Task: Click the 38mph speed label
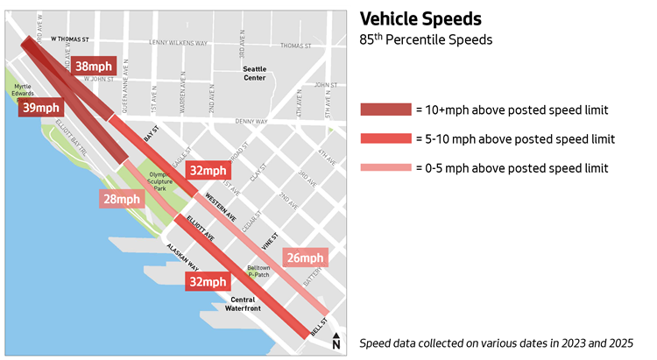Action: pos(93,67)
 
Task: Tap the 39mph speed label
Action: pos(40,107)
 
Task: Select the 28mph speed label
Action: pos(121,199)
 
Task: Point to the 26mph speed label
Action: pos(305,258)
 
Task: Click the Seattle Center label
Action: pos(255,74)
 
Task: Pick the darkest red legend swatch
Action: pos(385,109)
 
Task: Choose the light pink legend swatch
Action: pos(385,167)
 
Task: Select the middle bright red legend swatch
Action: pos(385,138)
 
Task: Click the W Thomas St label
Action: pos(71,39)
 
